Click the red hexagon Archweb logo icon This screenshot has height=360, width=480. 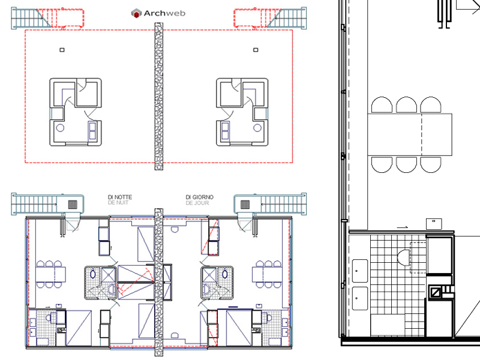[136, 13]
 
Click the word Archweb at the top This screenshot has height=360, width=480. [164, 13]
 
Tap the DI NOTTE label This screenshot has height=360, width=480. [120, 197]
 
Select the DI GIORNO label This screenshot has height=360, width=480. [199, 197]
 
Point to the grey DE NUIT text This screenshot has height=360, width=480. [118, 203]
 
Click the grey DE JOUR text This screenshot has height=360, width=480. [197, 203]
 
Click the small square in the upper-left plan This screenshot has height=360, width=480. [62, 50]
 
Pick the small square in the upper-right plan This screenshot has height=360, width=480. [256, 50]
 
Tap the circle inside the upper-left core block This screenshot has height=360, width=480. [60, 128]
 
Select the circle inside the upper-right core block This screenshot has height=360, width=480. [257, 128]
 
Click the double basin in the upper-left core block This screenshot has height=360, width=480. [92, 131]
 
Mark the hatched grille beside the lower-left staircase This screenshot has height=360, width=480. [73, 204]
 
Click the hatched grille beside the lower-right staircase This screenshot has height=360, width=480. [245, 204]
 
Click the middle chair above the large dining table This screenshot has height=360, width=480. [406, 104]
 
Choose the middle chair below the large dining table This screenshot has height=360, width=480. [406, 164]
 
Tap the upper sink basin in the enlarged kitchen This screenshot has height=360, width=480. [360, 271]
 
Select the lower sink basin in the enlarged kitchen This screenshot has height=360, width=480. [360, 298]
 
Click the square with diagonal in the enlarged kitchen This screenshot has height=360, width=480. [435, 293]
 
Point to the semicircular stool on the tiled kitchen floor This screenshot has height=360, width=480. [403, 258]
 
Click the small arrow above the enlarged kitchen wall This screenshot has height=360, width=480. [403, 227]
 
